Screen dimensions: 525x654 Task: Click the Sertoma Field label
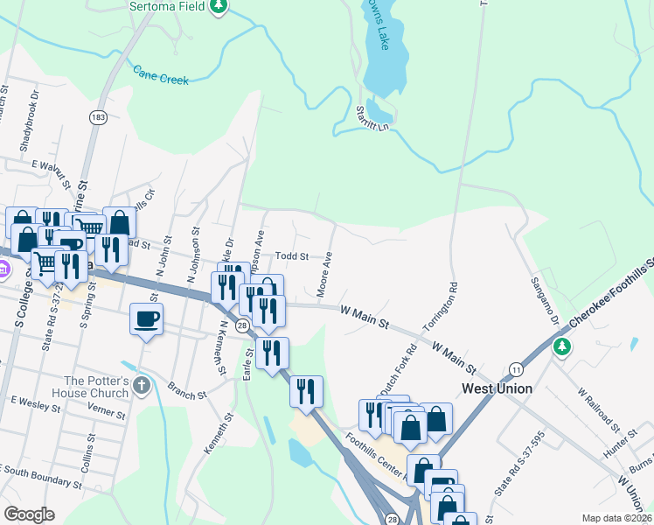pyautogui.click(x=166, y=6)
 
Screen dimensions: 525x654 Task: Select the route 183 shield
pyautogui.click(x=97, y=116)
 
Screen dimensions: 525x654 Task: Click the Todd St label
pyautogui.click(x=292, y=256)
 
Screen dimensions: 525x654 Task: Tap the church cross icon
pyautogui.click(x=143, y=384)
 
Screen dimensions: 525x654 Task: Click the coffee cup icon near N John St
pyautogui.click(x=147, y=318)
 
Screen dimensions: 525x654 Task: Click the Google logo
pyautogui.click(x=30, y=514)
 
